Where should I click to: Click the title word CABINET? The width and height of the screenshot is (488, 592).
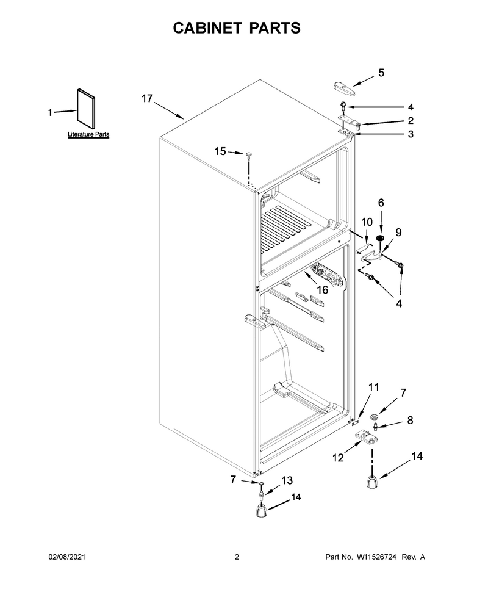207,28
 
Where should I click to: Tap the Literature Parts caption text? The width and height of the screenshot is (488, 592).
88,134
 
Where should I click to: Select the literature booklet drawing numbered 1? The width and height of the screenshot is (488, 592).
86,109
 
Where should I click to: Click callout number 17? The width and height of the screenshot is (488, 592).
147,99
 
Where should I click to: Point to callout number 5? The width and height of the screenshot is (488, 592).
381,73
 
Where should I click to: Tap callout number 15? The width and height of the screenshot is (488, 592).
220,151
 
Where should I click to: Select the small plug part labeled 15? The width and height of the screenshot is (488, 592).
249,155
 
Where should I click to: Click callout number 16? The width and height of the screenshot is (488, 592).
322,290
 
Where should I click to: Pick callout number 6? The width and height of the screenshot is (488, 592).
381,203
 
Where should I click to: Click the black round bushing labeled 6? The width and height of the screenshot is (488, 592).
381,239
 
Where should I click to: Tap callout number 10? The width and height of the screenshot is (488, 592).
367,222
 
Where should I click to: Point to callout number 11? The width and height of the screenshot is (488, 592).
374,388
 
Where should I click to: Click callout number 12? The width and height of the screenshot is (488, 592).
338,458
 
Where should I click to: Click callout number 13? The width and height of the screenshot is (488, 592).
287,480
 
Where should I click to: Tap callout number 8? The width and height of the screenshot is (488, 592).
411,421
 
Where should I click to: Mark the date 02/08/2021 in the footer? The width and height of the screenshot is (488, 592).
67,557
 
